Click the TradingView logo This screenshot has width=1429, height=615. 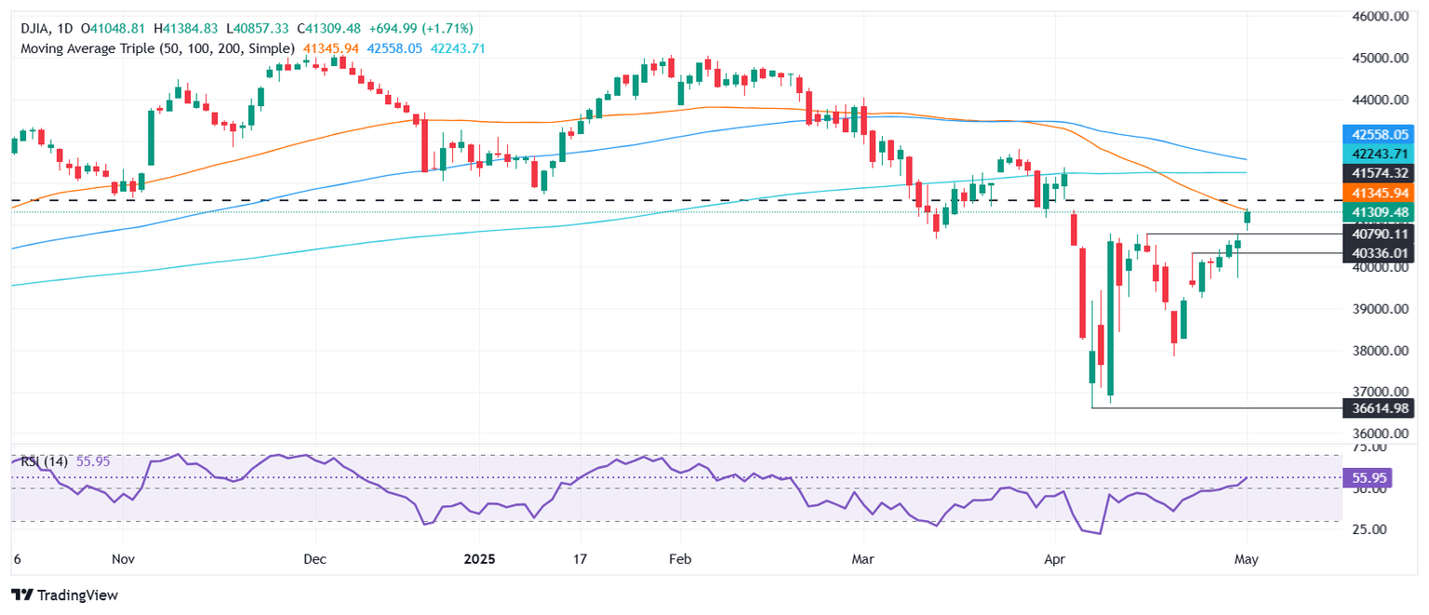[x=64, y=595]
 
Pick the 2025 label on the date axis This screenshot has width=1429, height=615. [x=479, y=560]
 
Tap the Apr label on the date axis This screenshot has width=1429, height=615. [x=1054, y=560]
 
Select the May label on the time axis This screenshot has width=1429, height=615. [x=1247, y=560]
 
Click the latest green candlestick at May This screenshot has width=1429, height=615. [x=1247, y=218]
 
